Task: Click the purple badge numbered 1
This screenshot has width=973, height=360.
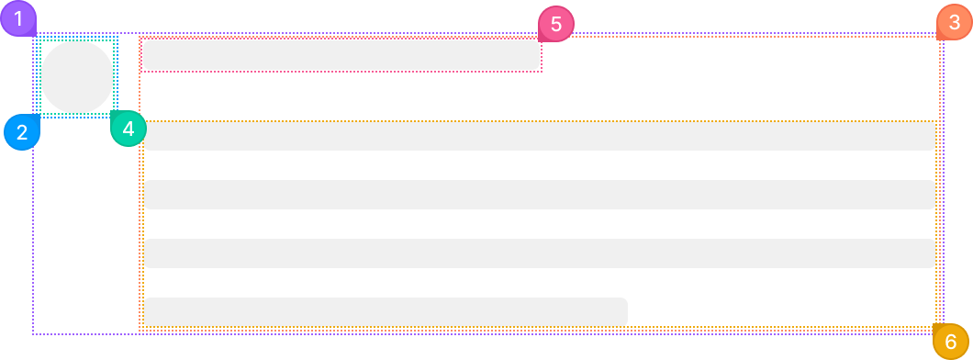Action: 18,18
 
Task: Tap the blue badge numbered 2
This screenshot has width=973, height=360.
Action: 22,132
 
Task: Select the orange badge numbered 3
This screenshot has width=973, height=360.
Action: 955,22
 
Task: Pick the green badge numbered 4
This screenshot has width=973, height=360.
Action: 129,129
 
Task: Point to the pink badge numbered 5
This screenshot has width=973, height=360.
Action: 556,24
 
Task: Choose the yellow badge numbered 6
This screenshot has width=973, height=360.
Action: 951,342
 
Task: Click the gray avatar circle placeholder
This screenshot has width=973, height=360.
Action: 77,77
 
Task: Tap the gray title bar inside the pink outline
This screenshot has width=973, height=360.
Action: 341,54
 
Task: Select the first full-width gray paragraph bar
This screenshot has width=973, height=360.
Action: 540,136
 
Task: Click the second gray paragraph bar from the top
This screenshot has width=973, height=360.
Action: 540,195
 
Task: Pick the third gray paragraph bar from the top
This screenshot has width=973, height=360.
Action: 540,253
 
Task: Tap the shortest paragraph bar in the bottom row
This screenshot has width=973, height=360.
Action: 386,311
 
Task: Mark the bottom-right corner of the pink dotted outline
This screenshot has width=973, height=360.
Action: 542,72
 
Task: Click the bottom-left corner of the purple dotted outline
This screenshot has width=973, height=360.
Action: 33,334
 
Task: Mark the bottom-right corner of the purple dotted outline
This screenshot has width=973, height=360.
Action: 944,334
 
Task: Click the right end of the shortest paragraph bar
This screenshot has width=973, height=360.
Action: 627,311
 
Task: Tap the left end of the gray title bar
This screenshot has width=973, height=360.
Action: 144,54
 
